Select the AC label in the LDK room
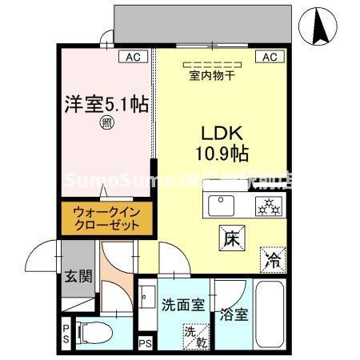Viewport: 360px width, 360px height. coord(269,57)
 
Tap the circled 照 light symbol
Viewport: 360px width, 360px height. coord(106,123)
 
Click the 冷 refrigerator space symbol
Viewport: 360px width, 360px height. coord(272,258)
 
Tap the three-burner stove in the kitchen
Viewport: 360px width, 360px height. coord(266,206)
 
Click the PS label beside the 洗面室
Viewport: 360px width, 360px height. coord(145,344)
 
